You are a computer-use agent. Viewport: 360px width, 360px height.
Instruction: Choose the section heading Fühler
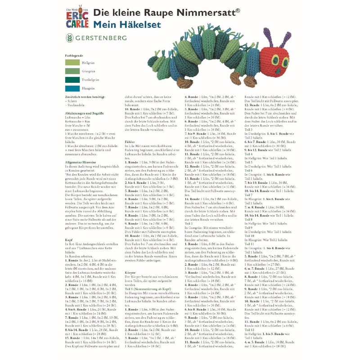pos(130,141)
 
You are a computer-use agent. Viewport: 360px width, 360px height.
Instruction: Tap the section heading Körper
pos(130,273)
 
